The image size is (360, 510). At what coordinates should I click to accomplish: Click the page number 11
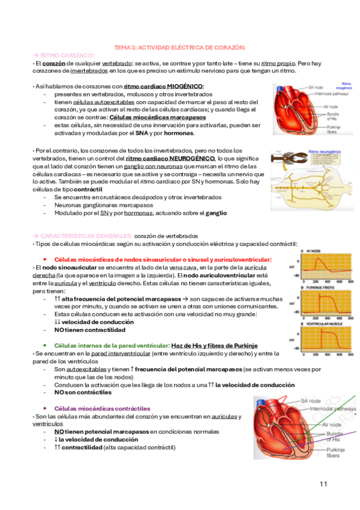pyautogui.click(x=323, y=484)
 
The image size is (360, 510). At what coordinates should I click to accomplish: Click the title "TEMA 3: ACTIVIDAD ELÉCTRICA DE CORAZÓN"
pyautogui.click(x=180, y=48)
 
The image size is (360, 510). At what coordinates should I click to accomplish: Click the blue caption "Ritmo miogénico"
pyautogui.click(x=346, y=85)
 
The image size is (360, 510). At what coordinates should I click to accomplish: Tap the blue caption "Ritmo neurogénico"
pyautogui.click(x=324, y=153)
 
